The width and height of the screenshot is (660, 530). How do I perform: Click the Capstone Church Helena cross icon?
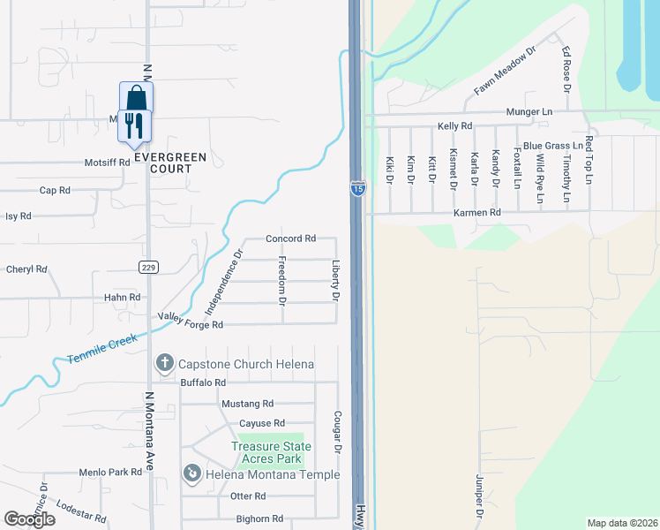(x=164, y=363)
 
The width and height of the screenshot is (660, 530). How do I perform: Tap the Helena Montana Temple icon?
(x=191, y=474)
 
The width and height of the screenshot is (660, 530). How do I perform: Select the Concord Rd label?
(x=291, y=238)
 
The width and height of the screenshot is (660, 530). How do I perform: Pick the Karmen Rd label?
(x=477, y=213)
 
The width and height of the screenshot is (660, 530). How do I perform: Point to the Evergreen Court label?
(x=170, y=163)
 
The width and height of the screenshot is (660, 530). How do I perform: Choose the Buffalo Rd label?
(x=203, y=382)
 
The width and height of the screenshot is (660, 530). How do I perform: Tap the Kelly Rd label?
(x=455, y=127)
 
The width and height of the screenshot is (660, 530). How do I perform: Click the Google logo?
(x=29, y=519)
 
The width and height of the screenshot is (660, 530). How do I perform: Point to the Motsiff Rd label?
(x=107, y=163)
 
